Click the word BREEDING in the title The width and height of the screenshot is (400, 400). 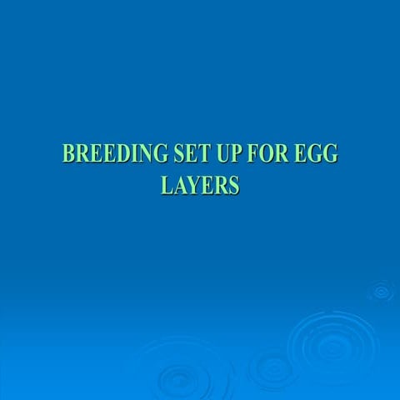pos(103,154)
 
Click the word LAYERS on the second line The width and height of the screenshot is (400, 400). pos(200,185)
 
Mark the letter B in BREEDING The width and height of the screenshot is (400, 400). pos(68,154)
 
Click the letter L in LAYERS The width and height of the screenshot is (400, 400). pos(166,185)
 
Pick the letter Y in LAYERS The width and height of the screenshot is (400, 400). pos(192,185)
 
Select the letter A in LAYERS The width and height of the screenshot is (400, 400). pos(178,185)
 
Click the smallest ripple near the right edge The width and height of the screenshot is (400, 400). pos(382,291)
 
